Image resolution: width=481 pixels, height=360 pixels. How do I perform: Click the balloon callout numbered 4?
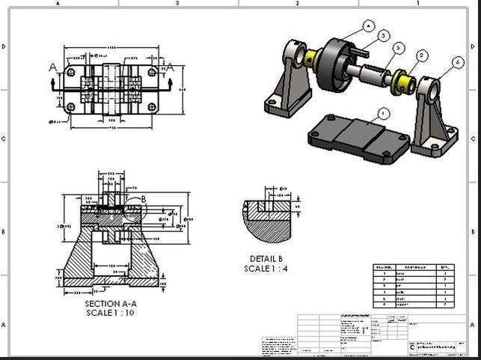point(368,25)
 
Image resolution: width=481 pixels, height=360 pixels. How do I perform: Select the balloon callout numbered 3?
point(383,34)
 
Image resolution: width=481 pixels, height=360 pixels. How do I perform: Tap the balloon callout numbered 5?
point(399,47)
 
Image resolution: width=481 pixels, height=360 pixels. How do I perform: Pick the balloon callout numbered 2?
point(422,55)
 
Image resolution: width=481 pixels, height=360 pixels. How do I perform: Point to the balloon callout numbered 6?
point(457,64)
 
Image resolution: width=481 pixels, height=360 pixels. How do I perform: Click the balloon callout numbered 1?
point(384,113)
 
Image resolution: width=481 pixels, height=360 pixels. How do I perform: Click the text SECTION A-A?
point(111,304)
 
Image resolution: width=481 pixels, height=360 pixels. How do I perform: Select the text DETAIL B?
point(267,260)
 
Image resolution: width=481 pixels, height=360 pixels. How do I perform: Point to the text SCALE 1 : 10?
point(111,312)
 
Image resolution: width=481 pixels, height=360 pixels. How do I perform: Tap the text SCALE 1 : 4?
point(267,269)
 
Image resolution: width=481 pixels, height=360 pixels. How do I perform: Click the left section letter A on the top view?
point(53,67)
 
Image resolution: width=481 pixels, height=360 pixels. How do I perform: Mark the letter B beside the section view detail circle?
point(144,199)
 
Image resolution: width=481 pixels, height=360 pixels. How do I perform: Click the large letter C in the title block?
point(411,348)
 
